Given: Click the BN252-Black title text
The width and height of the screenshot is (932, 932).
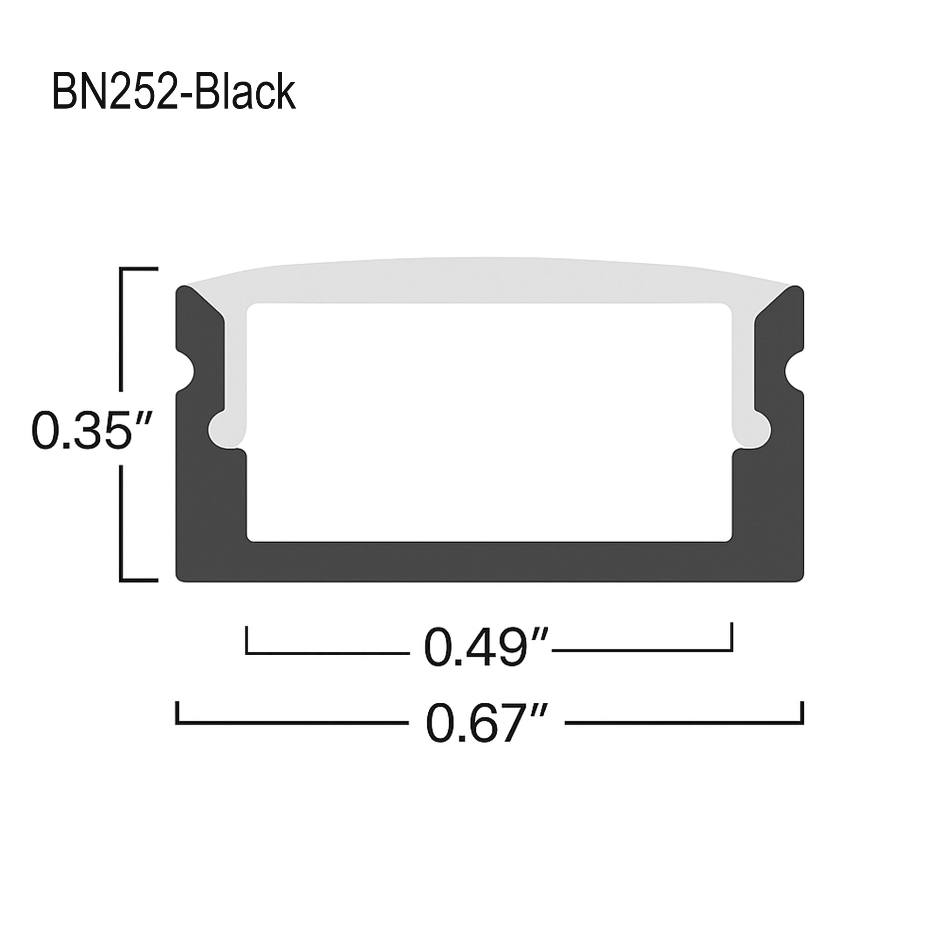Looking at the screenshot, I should (174, 92).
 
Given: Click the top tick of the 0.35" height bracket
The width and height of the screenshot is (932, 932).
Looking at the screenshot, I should (139, 268).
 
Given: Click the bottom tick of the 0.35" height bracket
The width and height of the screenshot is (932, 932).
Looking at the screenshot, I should (139, 580).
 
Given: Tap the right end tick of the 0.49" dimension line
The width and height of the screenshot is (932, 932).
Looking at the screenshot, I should (732, 637).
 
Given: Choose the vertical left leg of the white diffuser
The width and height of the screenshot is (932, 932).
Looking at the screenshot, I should (235, 367).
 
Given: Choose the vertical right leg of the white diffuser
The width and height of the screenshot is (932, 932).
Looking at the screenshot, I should (743, 367).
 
